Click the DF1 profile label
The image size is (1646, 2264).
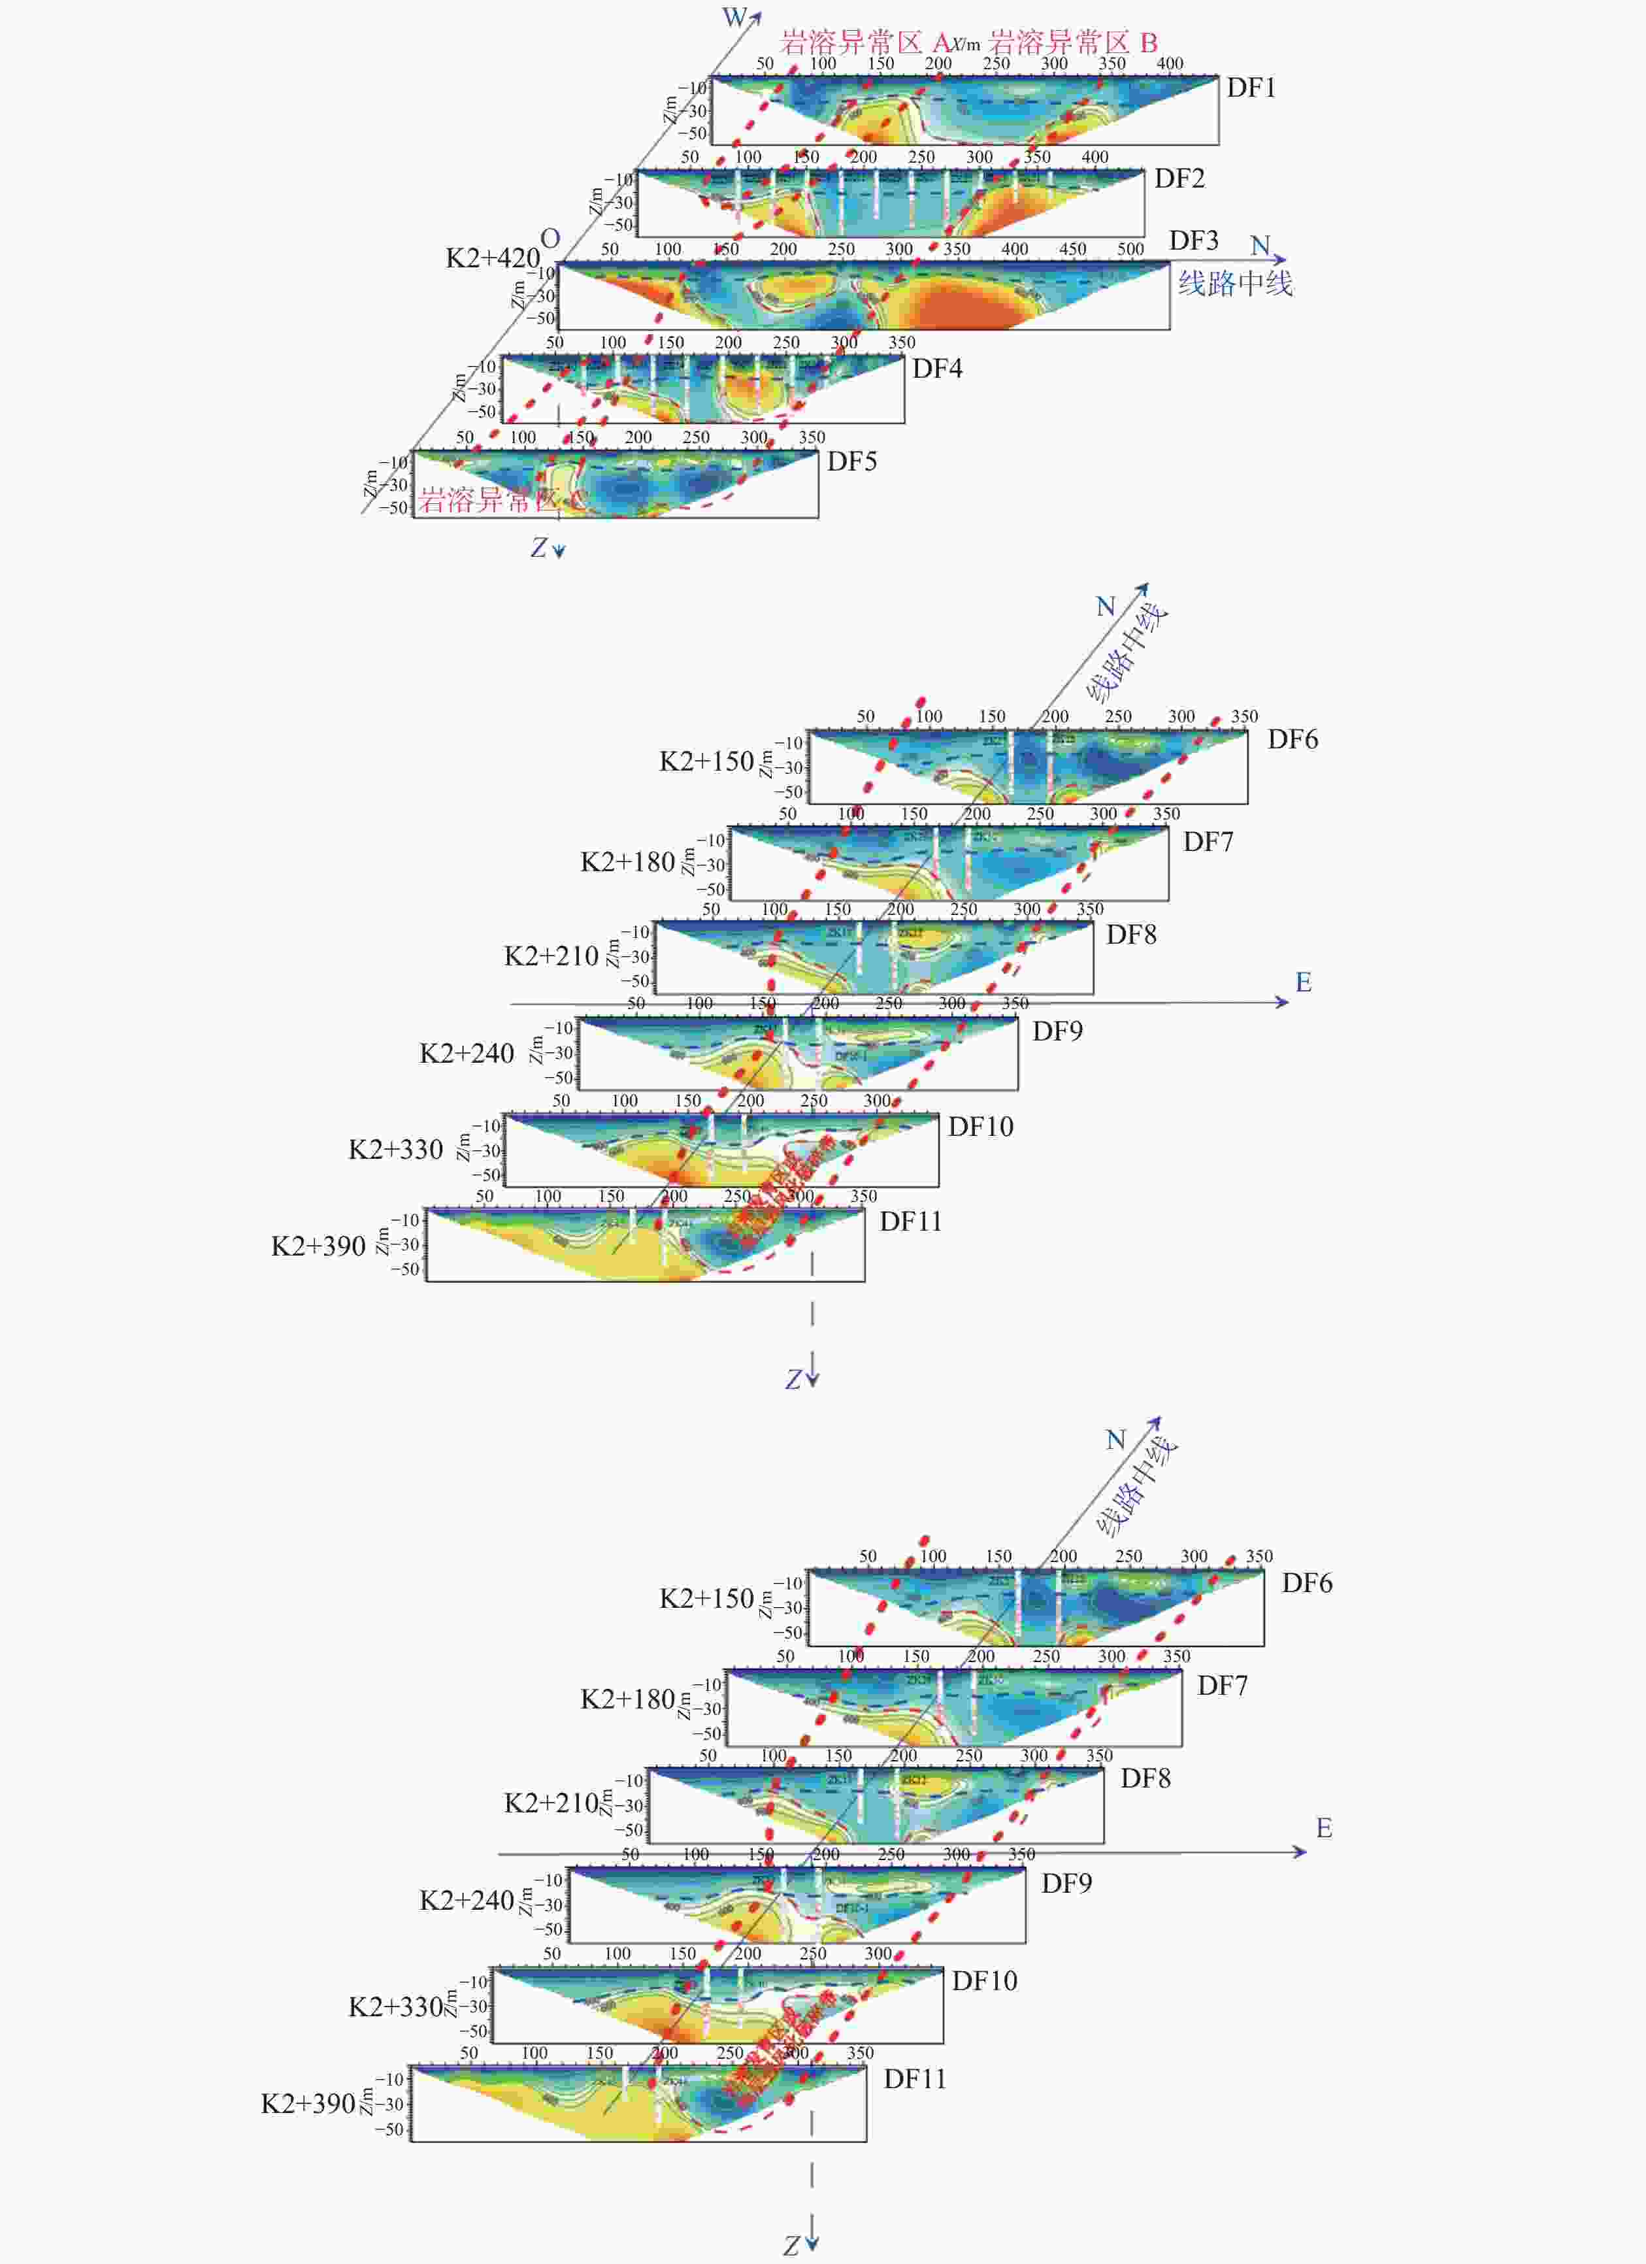[1251, 88]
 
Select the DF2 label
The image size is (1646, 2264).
[1179, 178]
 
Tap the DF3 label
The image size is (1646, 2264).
[1194, 241]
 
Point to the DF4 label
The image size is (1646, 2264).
[936, 369]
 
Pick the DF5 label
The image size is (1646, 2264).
[851, 461]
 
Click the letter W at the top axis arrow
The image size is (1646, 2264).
[734, 17]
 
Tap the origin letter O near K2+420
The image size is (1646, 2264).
[550, 239]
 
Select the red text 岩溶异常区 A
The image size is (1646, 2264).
[864, 43]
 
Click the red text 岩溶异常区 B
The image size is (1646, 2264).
[1073, 43]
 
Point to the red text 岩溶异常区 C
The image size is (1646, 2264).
[502, 500]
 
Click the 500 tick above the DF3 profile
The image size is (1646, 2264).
[1130, 248]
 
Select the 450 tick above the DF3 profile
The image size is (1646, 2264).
[1072, 248]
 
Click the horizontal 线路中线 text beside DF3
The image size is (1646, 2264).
[1235, 284]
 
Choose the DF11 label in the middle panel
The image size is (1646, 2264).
[910, 1221]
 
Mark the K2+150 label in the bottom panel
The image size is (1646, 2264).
[706, 1598]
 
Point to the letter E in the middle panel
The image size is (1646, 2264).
[1304, 982]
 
